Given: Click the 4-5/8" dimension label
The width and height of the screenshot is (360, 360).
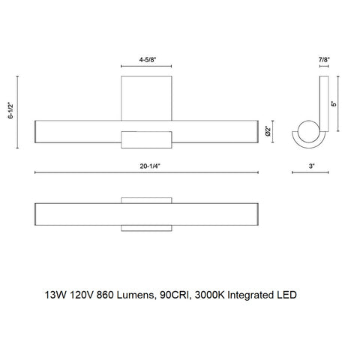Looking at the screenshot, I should pos(147,56).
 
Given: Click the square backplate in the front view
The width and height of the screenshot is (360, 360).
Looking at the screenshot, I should pos(148,94).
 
